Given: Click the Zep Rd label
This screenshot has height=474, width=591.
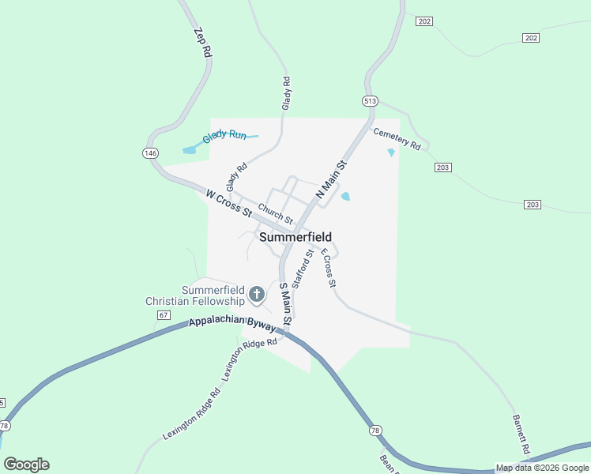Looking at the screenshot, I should coord(203,41).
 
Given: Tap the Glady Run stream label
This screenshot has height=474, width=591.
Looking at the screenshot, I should coord(224,136).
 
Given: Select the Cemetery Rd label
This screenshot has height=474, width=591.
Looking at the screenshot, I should coord(397,138).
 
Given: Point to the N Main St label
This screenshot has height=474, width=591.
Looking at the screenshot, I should coord(331,179).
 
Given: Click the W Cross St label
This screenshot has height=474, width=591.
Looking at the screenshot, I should coord(228,203).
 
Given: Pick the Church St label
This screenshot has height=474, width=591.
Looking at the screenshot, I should coord(276,213).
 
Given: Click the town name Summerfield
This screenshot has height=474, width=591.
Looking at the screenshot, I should coord(295,237).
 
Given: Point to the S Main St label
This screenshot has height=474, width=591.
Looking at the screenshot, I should coord(286,304).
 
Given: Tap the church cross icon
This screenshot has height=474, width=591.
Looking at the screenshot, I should coord(256,295).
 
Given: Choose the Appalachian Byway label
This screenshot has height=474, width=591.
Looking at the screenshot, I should coord(232,324).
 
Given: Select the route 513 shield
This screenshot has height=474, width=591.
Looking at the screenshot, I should coord(371,101).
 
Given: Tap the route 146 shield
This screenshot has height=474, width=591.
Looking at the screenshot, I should coord(150,152).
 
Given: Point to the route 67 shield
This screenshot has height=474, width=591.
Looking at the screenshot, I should coord(164,314).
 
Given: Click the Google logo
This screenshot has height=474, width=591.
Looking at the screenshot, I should coord(26,465).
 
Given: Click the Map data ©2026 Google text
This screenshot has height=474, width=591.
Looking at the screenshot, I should coord(542,468).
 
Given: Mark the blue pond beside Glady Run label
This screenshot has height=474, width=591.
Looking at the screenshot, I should coord(190,149).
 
